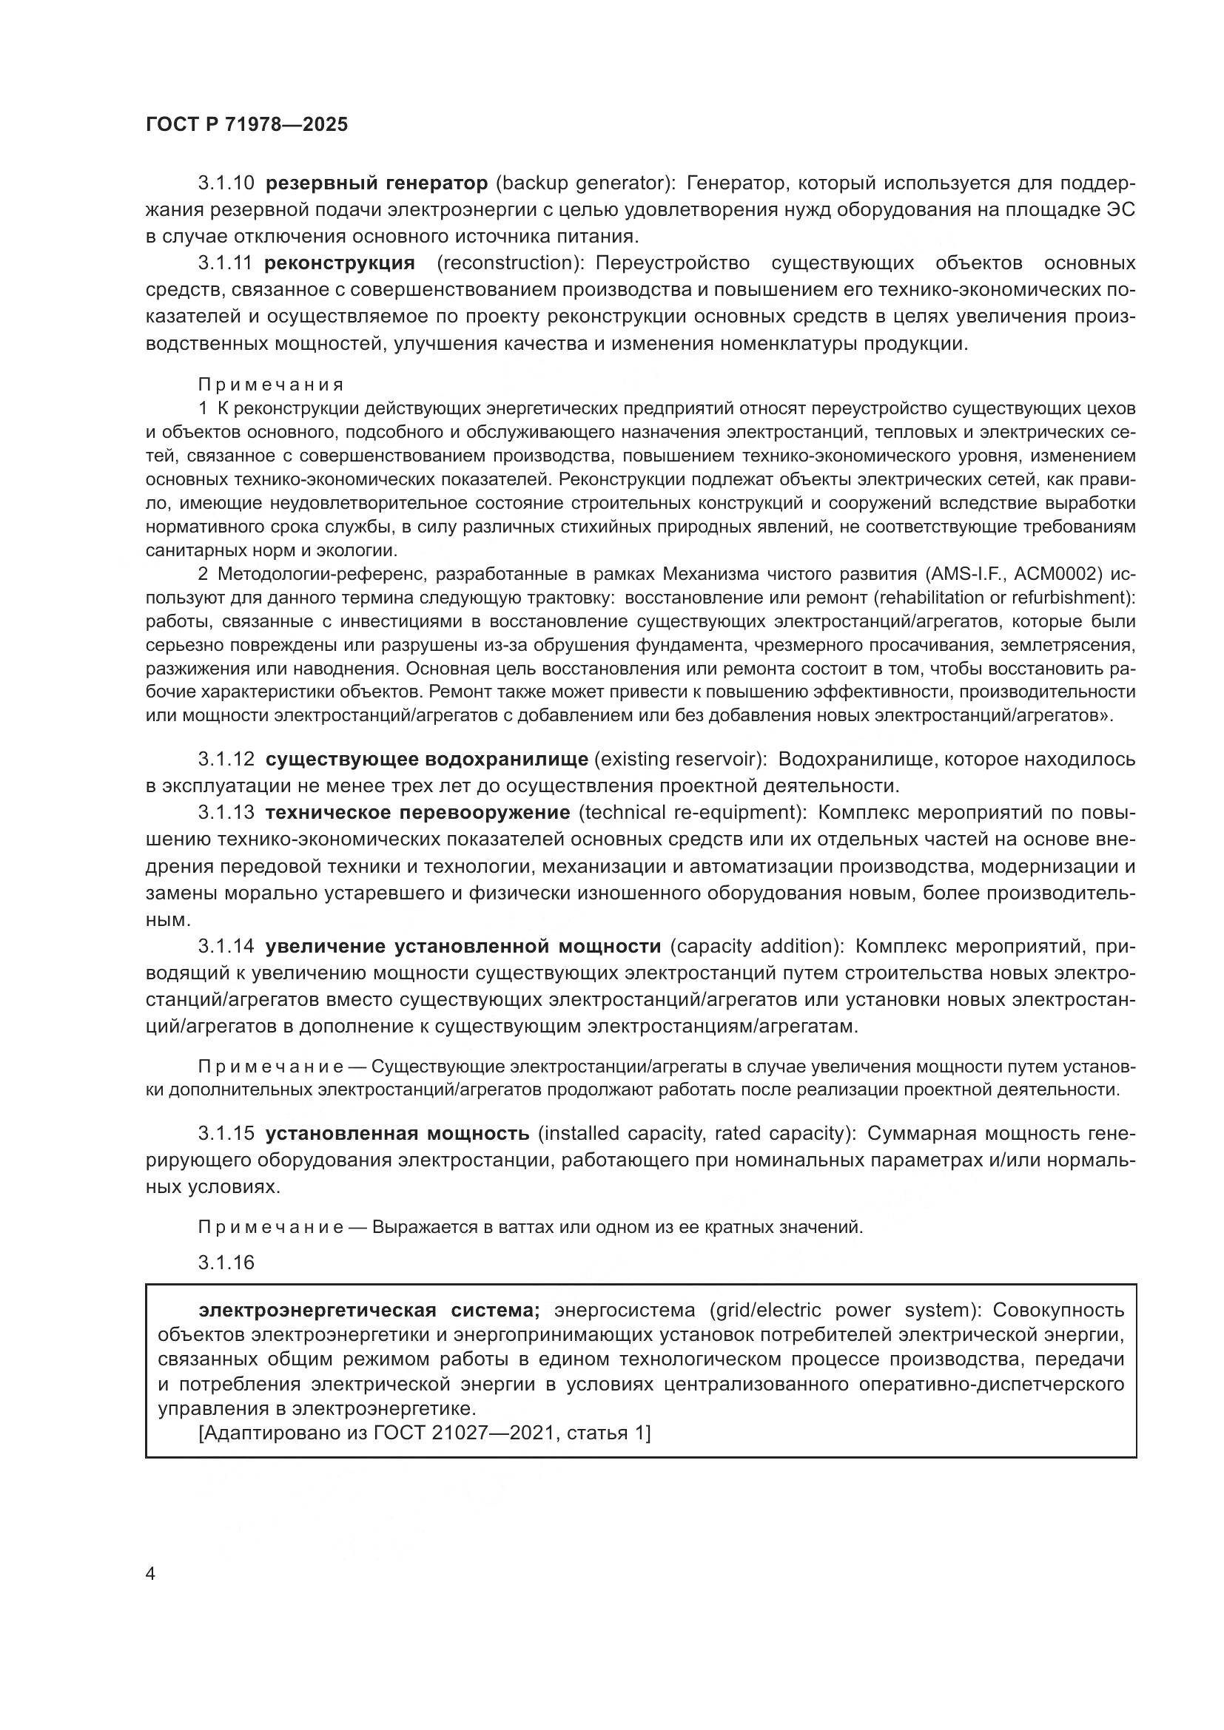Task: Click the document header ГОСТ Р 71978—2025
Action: [246, 125]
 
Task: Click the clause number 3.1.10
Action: [226, 183]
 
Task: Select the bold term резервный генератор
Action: [377, 183]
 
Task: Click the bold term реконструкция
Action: [340, 263]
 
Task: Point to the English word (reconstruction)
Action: [508, 263]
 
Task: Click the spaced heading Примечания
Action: [271, 385]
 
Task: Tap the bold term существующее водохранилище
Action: [426, 759]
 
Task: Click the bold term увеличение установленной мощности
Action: [463, 947]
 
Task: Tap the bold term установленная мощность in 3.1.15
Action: [397, 1133]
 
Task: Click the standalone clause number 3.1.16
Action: [226, 1263]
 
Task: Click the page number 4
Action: [150, 1575]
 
